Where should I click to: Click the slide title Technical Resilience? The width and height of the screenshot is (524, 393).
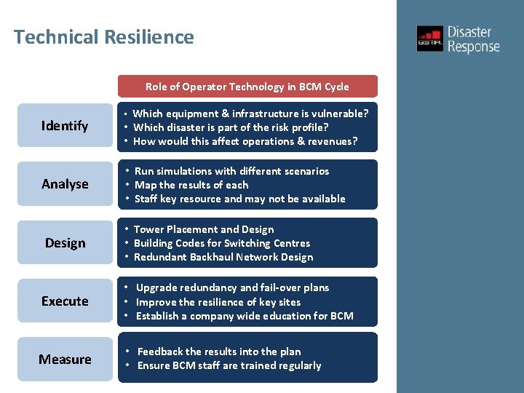point(104,37)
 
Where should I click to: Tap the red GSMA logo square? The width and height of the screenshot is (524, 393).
point(429,39)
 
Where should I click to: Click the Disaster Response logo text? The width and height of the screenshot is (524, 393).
point(473,39)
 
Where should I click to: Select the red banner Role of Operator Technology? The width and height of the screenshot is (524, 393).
point(247,87)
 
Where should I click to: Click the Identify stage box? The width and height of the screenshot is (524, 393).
point(65,126)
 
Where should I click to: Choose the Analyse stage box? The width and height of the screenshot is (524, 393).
point(65,184)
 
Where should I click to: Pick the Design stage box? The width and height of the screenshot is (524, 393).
point(65,243)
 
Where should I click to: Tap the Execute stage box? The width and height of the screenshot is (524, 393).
point(65,301)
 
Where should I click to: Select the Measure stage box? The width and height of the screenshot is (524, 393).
point(65,360)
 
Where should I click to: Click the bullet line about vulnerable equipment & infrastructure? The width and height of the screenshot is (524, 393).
point(250,114)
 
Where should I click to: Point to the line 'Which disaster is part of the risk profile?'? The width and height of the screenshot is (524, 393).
point(231,127)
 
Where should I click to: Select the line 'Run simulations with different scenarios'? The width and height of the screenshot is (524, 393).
point(231,171)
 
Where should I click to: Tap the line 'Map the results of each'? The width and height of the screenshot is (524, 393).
point(191,185)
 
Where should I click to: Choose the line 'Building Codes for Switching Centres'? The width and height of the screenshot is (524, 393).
point(222,243)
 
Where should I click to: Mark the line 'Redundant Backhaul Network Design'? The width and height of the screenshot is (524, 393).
point(223,257)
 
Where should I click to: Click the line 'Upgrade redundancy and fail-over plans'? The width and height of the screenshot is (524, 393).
point(232,287)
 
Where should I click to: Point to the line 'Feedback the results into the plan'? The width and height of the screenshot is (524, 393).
point(218,352)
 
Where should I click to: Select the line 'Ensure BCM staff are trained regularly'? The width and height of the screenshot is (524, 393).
point(229,365)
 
